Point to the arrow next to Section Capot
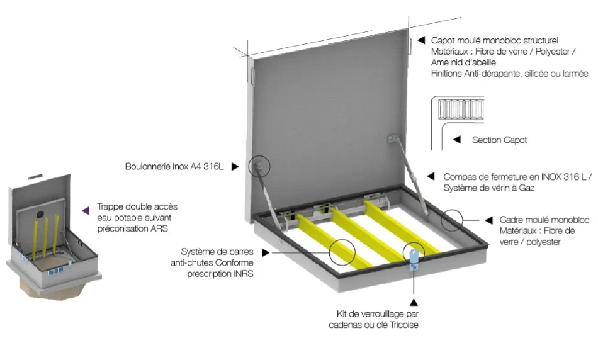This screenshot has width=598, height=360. (x=458, y=140)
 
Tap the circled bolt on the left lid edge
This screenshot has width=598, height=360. (x=259, y=166)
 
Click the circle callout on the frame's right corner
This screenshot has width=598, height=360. (x=452, y=220)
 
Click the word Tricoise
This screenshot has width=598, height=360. (x=403, y=325)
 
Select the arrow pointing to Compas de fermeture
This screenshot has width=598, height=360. (x=431, y=177)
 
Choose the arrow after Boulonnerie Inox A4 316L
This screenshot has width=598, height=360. (x=235, y=167)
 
